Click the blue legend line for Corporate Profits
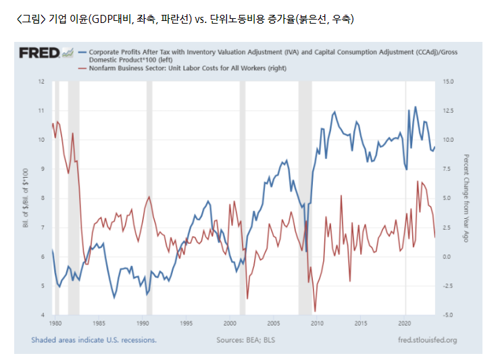coord(82,53)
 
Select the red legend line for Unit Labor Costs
coord(82,68)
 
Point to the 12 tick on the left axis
coord(41,82)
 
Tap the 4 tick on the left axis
coord(43,315)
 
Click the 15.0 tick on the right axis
coord(448,82)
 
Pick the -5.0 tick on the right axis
coord(448,315)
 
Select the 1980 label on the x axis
coord(55,323)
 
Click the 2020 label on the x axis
coord(405,323)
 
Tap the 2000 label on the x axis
coord(230,323)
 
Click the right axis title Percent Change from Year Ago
coord(466,199)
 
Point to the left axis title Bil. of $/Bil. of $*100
coord(26,198)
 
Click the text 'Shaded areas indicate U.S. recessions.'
coord(94,340)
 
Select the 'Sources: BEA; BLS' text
coord(246,340)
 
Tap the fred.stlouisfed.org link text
coord(428,340)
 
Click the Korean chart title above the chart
coord(185,19)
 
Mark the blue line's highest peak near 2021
coord(416,107)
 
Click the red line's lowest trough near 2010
coord(315,311)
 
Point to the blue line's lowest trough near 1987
coord(114,298)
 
